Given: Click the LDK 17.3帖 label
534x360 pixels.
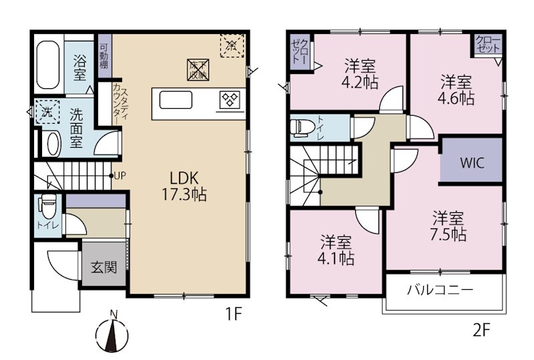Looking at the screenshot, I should point(187,186).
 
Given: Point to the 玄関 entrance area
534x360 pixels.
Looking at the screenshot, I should point(103,268).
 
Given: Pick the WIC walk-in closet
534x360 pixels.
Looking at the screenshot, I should point(471,163).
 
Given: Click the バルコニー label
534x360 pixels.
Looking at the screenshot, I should point(440,291).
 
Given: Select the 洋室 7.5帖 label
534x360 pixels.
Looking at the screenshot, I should point(448,226).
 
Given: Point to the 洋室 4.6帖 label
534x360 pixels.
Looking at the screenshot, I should point(457,89).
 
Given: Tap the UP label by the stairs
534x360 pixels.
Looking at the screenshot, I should point(119,176).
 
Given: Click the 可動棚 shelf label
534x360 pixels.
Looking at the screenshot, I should point(103,55).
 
